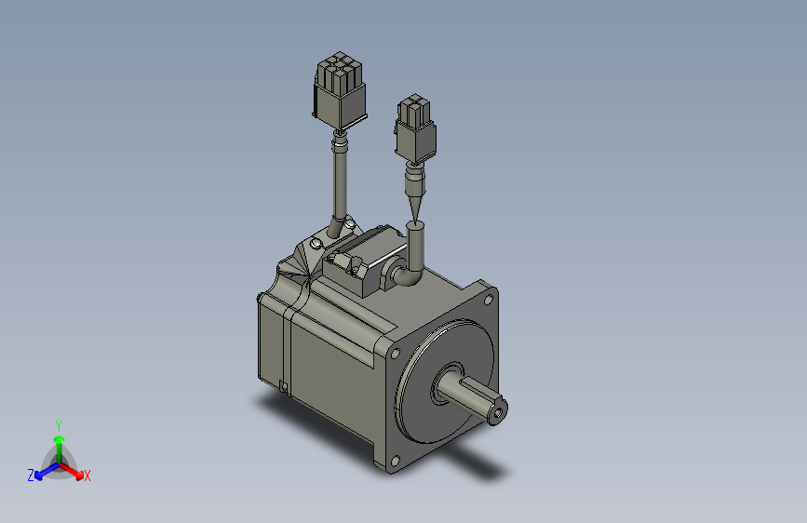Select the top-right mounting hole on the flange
click(x=490, y=301)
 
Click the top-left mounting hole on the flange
click(x=397, y=354)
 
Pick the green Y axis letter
click(x=58, y=424)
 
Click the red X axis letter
click(x=87, y=476)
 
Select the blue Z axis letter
click(x=31, y=475)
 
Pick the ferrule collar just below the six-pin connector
click(x=341, y=142)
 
